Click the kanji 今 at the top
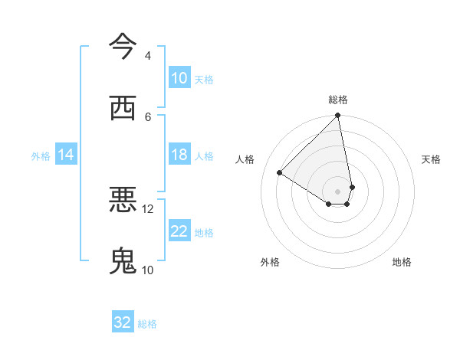coord(123,47)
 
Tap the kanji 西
coord(123,107)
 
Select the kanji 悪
coord(123,200)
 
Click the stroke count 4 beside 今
coord(147,56)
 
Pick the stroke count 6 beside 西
coord(147,116)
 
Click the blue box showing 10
coord(179,78)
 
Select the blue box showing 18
coord(179,155)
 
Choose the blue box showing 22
coord(179,232)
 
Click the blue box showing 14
coord(66,155)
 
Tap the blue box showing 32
coord(123,322)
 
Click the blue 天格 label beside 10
coord(204,79)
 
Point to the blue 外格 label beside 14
coord(41,156)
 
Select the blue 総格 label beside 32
coord(147,324)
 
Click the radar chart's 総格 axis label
coord(338,100)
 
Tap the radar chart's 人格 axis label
coord(245,159)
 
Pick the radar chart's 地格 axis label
coord(402,262)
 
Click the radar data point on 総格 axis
coord(337,116)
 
